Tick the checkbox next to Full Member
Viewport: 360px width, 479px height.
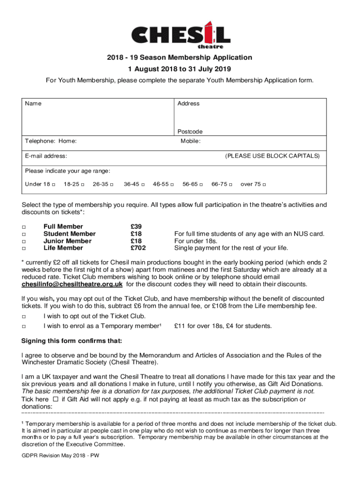pyautogui.click(x=23, y=227)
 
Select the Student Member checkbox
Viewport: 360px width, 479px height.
pyautogui.click(x=23, y=234)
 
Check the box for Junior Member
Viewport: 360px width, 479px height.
pyautogui.click(x=23, y=241)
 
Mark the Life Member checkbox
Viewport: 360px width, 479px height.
pyautogui.click(x=23, y=248)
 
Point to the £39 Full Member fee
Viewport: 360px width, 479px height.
pyautogui.click(x=136, y=227)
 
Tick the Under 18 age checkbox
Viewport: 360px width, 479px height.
pyautogui.click(x=54, y=184)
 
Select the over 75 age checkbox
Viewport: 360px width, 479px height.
pyautogui.click(x=265, y=184)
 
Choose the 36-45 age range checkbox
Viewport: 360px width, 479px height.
pyautogui.click(x=143, y=184)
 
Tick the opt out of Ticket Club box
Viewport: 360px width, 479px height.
pyautogui.click(x=23, y=317)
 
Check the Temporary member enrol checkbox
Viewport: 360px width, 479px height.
pyautogui.click(x=23, y=326)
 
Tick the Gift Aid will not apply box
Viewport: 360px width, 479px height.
pyautogui.click(x=55, y=399)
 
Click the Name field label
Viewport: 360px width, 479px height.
pyautogui.click(x=33, y=103)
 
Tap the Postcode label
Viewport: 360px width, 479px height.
pyautogui.click(x=190, y=131)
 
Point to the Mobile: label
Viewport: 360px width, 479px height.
pyautogui.click(x=191, y=141)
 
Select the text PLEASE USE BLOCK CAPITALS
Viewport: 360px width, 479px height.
pyautogui.click(x=273, y=156)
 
